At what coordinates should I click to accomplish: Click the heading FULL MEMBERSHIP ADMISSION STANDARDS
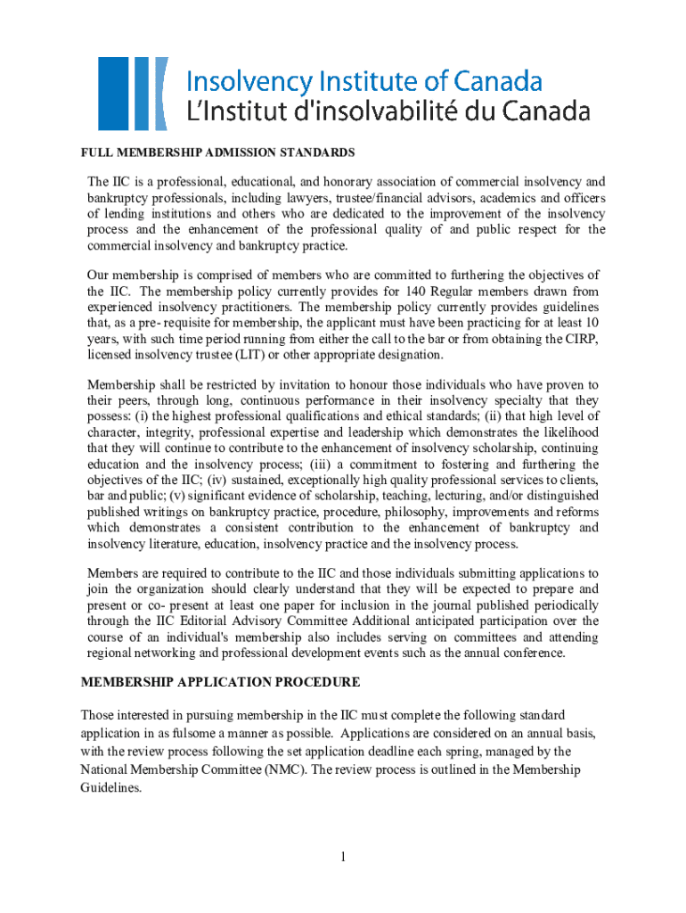[218, 152]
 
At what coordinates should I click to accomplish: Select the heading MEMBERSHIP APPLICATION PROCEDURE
[221, 682]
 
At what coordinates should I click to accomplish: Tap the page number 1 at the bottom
[341, 858]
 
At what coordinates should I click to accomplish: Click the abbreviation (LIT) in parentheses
[250, 355]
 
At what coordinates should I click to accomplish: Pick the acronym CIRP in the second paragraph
[584, 339]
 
